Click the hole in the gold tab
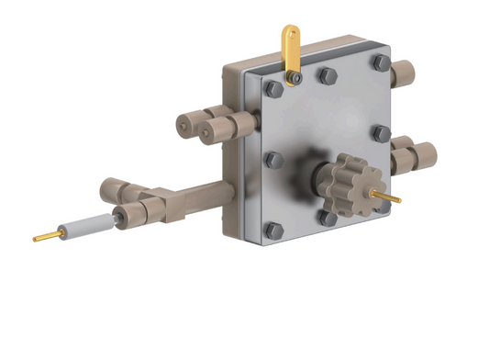coord(290,37)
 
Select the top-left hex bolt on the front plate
coord(273,89)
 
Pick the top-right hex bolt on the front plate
coord(380,63)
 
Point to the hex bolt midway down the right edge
coord(382,133)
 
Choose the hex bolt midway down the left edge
coord(273,160)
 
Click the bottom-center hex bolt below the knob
coord(327,218)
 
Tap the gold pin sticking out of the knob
coord(389,196)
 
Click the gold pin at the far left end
coord(45,237)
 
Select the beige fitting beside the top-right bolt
coord(404,73)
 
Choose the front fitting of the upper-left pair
coord(217,132)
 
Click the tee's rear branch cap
coord(112,191)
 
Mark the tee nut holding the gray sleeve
coord(129,217)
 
